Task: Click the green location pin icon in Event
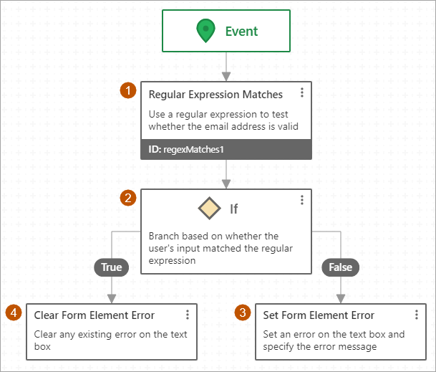point(206,30)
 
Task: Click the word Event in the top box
point(241,31)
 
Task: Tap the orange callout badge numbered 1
point(129,91)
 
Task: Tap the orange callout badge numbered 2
point(129,199)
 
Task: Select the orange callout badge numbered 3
point(244,313)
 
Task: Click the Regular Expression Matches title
point(215,95)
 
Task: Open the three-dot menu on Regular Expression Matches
point(302,92)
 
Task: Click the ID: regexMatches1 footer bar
point(226,150)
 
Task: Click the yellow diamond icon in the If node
point(208,208)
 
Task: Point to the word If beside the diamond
point(233,209)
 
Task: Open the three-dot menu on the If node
point(302,200)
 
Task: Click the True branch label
point(111,267)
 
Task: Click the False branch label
point(341,267)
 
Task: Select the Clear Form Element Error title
point(94,315)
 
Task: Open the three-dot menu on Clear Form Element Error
point(188,315)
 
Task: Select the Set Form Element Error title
point(319,315)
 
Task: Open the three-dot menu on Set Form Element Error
point(417,315)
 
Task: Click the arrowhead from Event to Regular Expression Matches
point(226,75)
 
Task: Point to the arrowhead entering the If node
point(226,183)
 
